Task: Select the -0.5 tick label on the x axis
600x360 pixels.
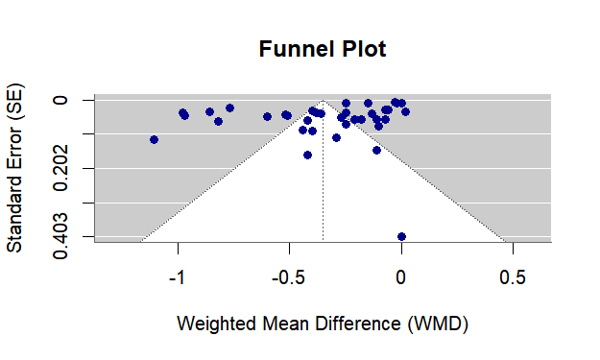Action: click(x=289, y=276)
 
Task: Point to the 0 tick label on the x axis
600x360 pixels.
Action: click(x=401, y=276)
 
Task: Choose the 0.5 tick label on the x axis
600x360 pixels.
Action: click(x=513, y=276)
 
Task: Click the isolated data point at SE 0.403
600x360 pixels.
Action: click(x=401, y=236)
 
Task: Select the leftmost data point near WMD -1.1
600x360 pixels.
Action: click(x=154, y=140)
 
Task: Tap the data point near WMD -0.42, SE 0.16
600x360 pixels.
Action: click(x=307, y=155)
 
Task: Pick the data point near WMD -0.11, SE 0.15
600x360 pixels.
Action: click(x=376, y=150)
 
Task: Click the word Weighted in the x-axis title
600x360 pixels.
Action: click(x=216, y=324)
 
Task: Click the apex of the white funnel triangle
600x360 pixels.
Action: click(x=324, y=101)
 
